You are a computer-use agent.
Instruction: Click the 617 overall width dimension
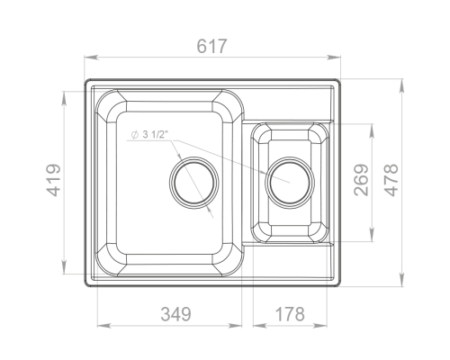click(212, 46)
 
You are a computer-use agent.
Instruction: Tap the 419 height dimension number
click(54, 180)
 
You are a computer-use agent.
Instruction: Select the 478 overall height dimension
click(391, 180)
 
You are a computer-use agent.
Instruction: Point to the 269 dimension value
click(361, 180)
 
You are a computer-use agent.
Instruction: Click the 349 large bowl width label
click(175, 314)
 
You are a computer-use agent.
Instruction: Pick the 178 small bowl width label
click(290, 314)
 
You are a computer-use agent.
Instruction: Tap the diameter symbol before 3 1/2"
click(135, 135)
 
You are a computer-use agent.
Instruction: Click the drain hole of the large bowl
click(194, 183)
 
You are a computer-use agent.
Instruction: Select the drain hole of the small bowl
click(290, 183)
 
